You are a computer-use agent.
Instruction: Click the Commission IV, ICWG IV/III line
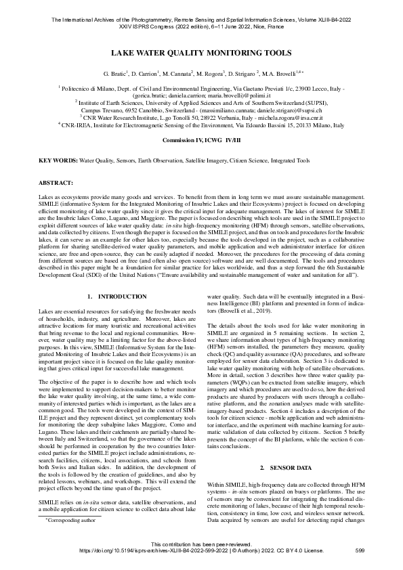point(201,139)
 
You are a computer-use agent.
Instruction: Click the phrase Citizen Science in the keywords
point(247,161)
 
